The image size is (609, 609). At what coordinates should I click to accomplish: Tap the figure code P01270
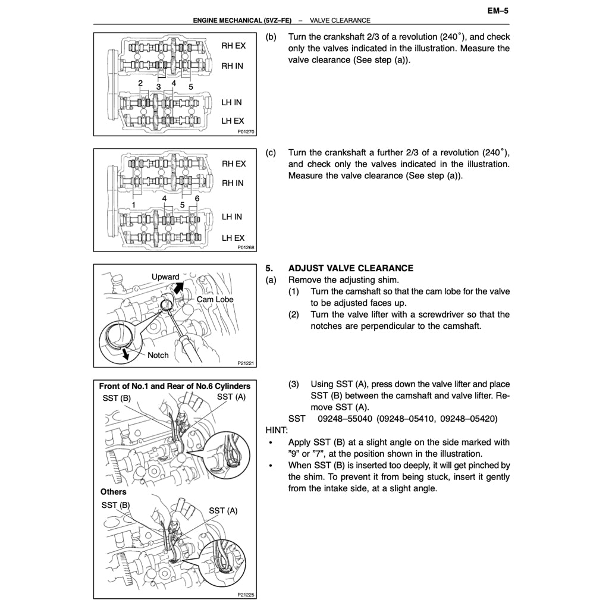pyautogui.click(x=246, y=131)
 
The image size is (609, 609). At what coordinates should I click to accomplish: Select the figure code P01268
pyautogui.click(x=246, y=247)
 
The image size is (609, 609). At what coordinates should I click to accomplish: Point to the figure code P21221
pyautogui.click(x=246, y=363)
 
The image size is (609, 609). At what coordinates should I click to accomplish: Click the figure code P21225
pyautogui.click(x=246, y=594)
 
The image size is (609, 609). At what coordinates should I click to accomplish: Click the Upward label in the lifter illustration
pyautogui.click(x=165, y=277)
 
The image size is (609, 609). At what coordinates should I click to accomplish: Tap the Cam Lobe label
pyautogui.click(x=215, y=300)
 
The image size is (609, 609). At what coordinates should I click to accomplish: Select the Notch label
pyautogui.click(x=158, y=355)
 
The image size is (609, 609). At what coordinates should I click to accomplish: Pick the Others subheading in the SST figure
pyautogui.click(x=113, y=492)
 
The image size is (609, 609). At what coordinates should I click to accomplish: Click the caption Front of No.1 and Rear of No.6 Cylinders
pyautogui.click(x=174, y=386)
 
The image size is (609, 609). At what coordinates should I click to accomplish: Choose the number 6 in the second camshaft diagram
pyautogui.click(x=197, y=198)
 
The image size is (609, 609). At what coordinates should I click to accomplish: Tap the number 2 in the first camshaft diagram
pyautogui.click(x=140, y=83)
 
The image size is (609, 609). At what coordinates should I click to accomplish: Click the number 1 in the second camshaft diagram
pyautogui.click(x=134, y=205)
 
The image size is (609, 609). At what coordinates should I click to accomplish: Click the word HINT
pyautogui.click(x=276, y=430)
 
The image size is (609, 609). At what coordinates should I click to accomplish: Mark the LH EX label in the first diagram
pyautogui.click(x=233, y=121)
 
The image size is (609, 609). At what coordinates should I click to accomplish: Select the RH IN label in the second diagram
pyautogui.click(x=233, y=183)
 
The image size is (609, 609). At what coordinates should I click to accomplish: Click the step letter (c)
pyautogui.click(x=271, y=153)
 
